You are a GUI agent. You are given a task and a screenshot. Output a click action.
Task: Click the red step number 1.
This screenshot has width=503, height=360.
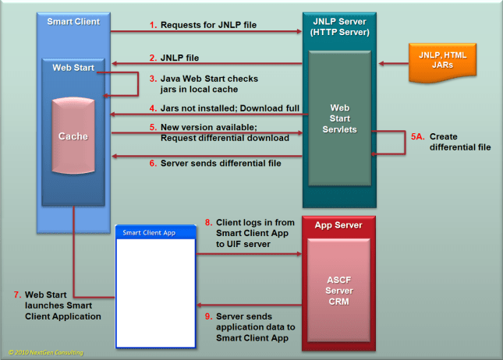tap(153, 26)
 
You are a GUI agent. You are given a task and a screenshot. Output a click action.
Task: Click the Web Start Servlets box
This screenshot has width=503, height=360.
tap(344, 118)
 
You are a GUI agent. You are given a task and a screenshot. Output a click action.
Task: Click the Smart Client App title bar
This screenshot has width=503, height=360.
tap(154, 232)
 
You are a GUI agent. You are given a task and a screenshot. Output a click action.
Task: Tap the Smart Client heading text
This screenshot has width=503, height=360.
tap(73, 21)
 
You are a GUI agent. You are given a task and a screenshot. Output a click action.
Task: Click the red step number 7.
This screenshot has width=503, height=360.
tap(17, 294)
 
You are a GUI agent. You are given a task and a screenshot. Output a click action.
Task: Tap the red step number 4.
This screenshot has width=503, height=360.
tap(153, 108)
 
